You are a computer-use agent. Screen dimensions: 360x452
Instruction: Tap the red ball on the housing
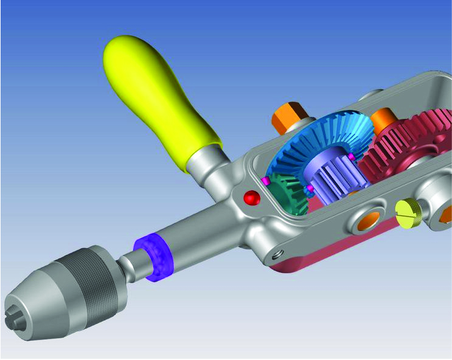click(x=251, y=198)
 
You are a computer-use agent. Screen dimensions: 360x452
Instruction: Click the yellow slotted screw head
click(x=408, y=212)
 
